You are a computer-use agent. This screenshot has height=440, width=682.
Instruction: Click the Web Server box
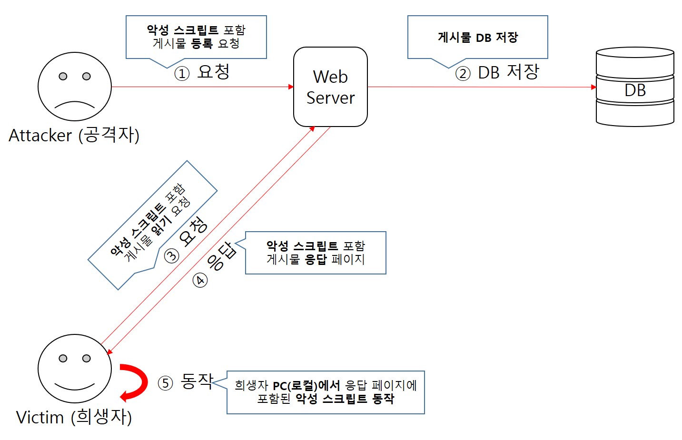point(330,87)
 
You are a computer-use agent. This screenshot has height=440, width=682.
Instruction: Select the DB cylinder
point(635,87)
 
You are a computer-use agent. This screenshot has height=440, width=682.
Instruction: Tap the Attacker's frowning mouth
point(75,104)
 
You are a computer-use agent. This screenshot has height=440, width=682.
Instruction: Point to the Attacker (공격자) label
point(74,136)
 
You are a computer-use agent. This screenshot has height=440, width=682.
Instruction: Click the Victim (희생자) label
point(74,417)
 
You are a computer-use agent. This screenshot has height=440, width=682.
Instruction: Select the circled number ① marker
point(182,73)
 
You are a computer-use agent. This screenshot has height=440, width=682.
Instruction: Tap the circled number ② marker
point(463,73)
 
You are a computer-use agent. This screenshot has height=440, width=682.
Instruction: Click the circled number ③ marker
point(172,255)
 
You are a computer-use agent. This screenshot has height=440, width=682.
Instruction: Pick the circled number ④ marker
point(200,280)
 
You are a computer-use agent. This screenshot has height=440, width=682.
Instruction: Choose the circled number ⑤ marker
point(165,383)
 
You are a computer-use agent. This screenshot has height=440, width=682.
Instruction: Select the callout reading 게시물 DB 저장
point(477,37)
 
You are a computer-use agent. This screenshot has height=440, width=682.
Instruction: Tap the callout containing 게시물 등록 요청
point(196,37)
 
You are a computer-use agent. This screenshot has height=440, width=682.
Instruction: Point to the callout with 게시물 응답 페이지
point(316,253)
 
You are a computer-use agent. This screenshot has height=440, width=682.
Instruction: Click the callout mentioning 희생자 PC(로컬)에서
point(326,392)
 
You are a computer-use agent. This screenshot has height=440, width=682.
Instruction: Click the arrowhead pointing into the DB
point(593,87)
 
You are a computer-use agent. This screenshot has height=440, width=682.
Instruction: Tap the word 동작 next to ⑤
point(197,381)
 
